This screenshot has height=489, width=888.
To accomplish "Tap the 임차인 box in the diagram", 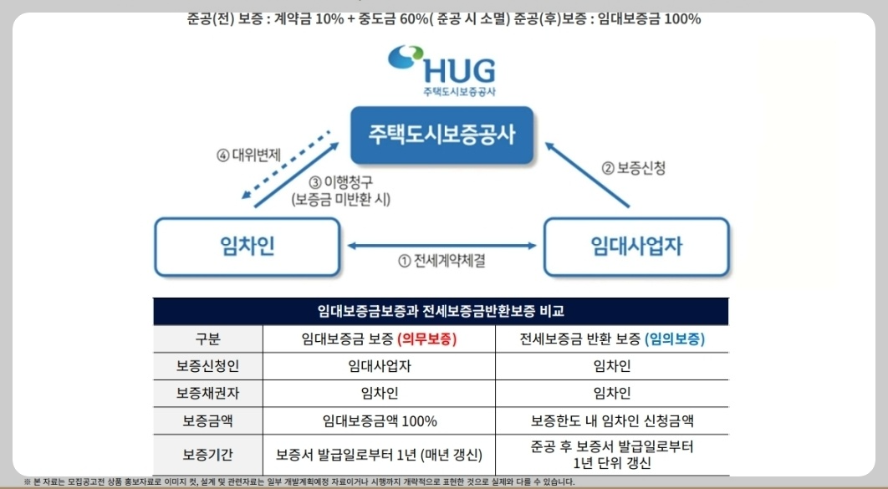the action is [248, 247].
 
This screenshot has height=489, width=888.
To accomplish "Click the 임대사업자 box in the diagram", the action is [636, 247].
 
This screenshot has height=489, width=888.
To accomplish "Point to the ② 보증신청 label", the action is [634, 167].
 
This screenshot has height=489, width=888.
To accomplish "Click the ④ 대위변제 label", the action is [248, 154].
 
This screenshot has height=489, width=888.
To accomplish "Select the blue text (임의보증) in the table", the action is [675, 339].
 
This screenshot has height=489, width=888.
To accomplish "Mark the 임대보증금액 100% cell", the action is [379, 420].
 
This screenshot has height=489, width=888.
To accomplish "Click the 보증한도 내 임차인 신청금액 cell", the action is [612, 420].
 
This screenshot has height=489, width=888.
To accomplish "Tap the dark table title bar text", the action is [441, 312].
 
